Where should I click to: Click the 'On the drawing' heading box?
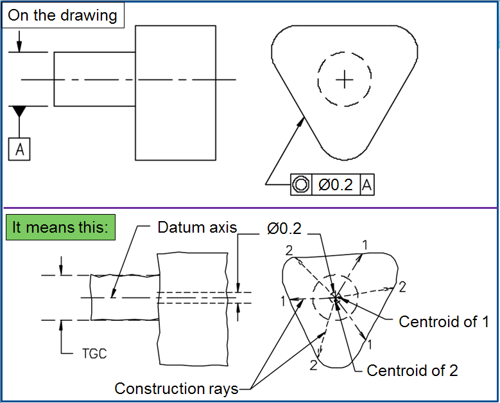point(62,15)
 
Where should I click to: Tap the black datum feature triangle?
point(20,111)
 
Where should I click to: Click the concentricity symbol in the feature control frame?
point(300,184)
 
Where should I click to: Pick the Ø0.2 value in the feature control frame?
point(336,184)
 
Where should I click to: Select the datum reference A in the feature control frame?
point(367,184)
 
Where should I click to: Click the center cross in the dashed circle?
point(345,79)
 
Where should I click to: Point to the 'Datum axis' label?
point(197,227)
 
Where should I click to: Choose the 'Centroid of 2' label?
point(412,370)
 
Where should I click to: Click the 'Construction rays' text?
point(177,388)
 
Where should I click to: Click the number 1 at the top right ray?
point(365,244)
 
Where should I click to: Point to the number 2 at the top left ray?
point(289,249)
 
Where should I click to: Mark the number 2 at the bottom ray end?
point(314,365)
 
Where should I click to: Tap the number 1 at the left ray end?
point(283,300)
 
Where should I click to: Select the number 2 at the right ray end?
point(402,287)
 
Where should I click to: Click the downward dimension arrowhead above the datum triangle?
point(20,47)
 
